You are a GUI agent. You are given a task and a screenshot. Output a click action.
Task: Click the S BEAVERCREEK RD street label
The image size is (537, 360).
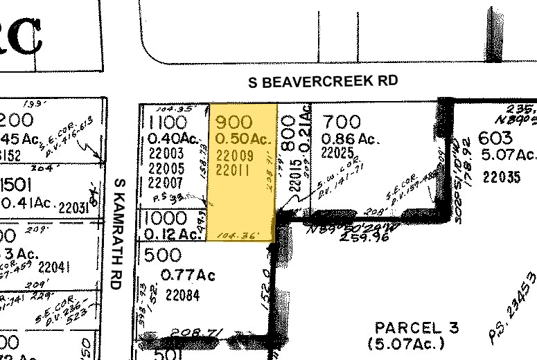click(324, 82)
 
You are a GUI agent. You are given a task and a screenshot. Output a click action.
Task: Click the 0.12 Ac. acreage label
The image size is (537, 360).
click(170, 235)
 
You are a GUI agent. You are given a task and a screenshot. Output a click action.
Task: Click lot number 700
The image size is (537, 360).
click(341, 123)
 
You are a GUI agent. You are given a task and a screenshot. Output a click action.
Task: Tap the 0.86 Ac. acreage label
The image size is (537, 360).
click(351, 139)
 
